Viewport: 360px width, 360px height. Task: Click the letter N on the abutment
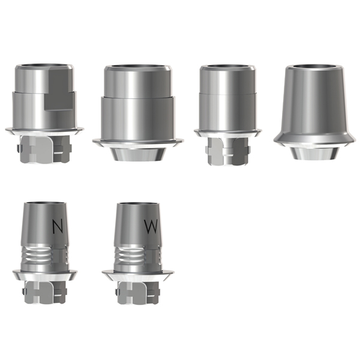click(58, 227)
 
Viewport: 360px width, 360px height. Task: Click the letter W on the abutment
click(151, 227)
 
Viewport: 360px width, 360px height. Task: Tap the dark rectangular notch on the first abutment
click(59, 89)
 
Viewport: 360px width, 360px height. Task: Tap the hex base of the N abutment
click(45, 292)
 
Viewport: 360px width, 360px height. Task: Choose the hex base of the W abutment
click(138, 292)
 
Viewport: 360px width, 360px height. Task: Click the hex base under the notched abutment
click(44, 149)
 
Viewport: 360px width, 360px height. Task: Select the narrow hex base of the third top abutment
click(227, 151)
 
